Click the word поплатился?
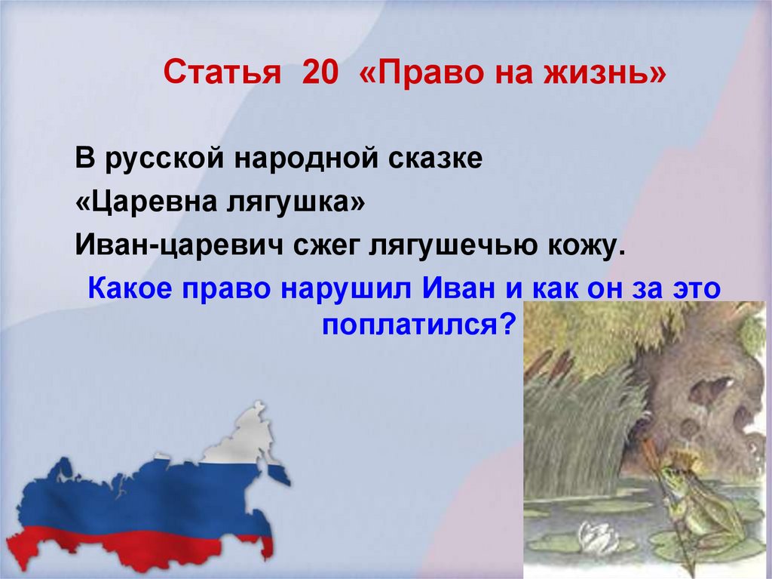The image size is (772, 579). (418, 326)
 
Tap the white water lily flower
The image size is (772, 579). (596, 537)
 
